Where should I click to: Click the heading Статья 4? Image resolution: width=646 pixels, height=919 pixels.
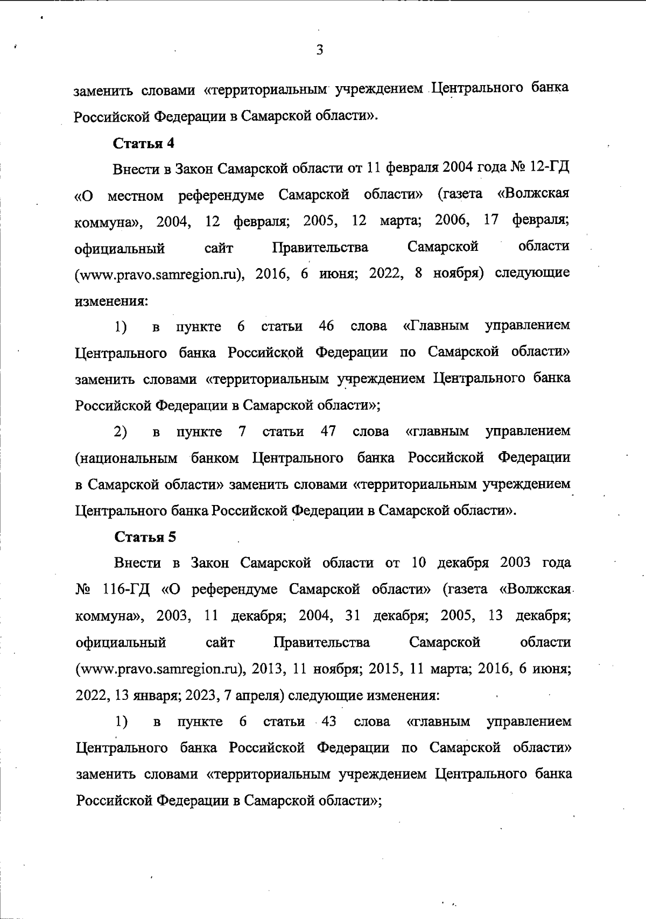click(x=144, y=143)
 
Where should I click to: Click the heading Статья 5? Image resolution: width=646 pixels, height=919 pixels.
click(x=145, y=537)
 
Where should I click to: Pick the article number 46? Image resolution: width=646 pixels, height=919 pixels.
click(x=326, y=326)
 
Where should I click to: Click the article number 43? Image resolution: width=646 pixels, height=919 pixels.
click(x=328, y=721)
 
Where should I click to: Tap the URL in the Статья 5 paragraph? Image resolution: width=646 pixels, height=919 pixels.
click(x=161, y=669)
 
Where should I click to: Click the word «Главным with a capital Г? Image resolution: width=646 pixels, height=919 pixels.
click(x=436, y=326)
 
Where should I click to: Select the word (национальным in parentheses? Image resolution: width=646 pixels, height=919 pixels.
click(x=126, y=458)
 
